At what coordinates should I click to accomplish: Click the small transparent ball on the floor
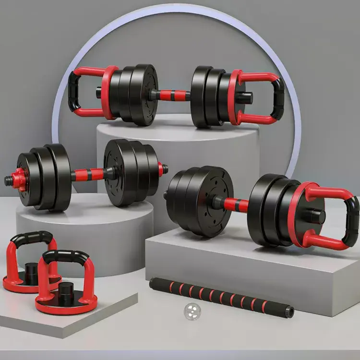point(192,312)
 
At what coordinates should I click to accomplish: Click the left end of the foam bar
point(153,283)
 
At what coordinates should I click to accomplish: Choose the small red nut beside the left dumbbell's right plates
point(160,168)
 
